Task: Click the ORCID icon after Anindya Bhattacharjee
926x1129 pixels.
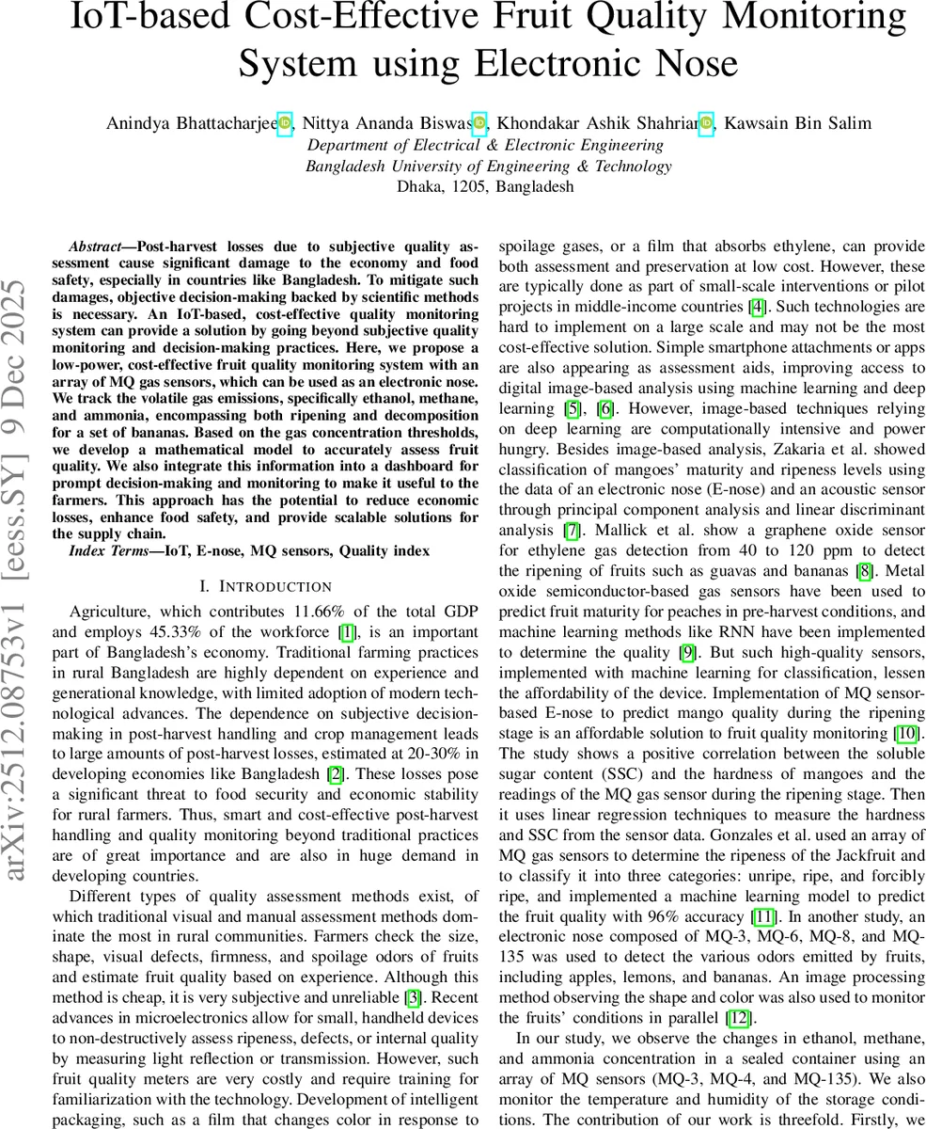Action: [284, 123]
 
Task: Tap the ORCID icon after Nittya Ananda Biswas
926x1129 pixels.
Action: [479, 123]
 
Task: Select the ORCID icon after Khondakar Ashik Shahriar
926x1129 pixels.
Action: [706, 123]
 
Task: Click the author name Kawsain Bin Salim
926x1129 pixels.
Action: [797, 123]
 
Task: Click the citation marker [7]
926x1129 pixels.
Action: [570, 531]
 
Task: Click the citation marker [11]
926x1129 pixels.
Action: [763, 916]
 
